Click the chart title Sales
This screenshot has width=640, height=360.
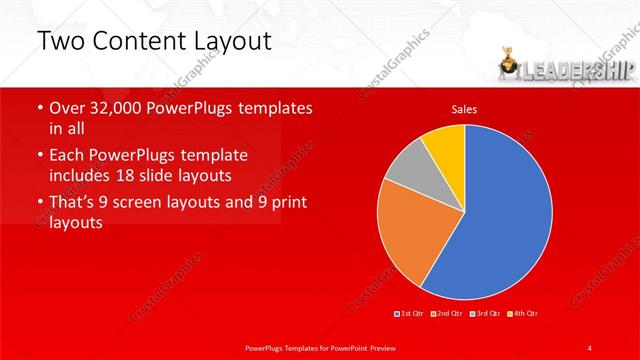coord(464,108)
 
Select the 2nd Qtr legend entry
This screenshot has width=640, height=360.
coord(446,314)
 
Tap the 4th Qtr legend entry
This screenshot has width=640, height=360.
coord(524,314)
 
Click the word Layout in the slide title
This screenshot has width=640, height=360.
coord(224,41)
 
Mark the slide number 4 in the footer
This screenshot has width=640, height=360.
coord(590,347)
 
